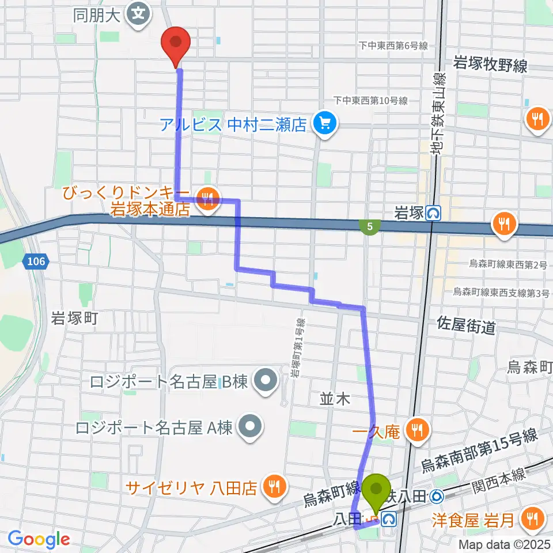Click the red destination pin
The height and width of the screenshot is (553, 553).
coord(177,44)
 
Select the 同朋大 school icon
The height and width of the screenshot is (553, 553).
coord(138,12)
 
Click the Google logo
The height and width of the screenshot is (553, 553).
coord(39,539)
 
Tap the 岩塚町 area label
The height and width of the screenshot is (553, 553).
coord(76,317)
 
